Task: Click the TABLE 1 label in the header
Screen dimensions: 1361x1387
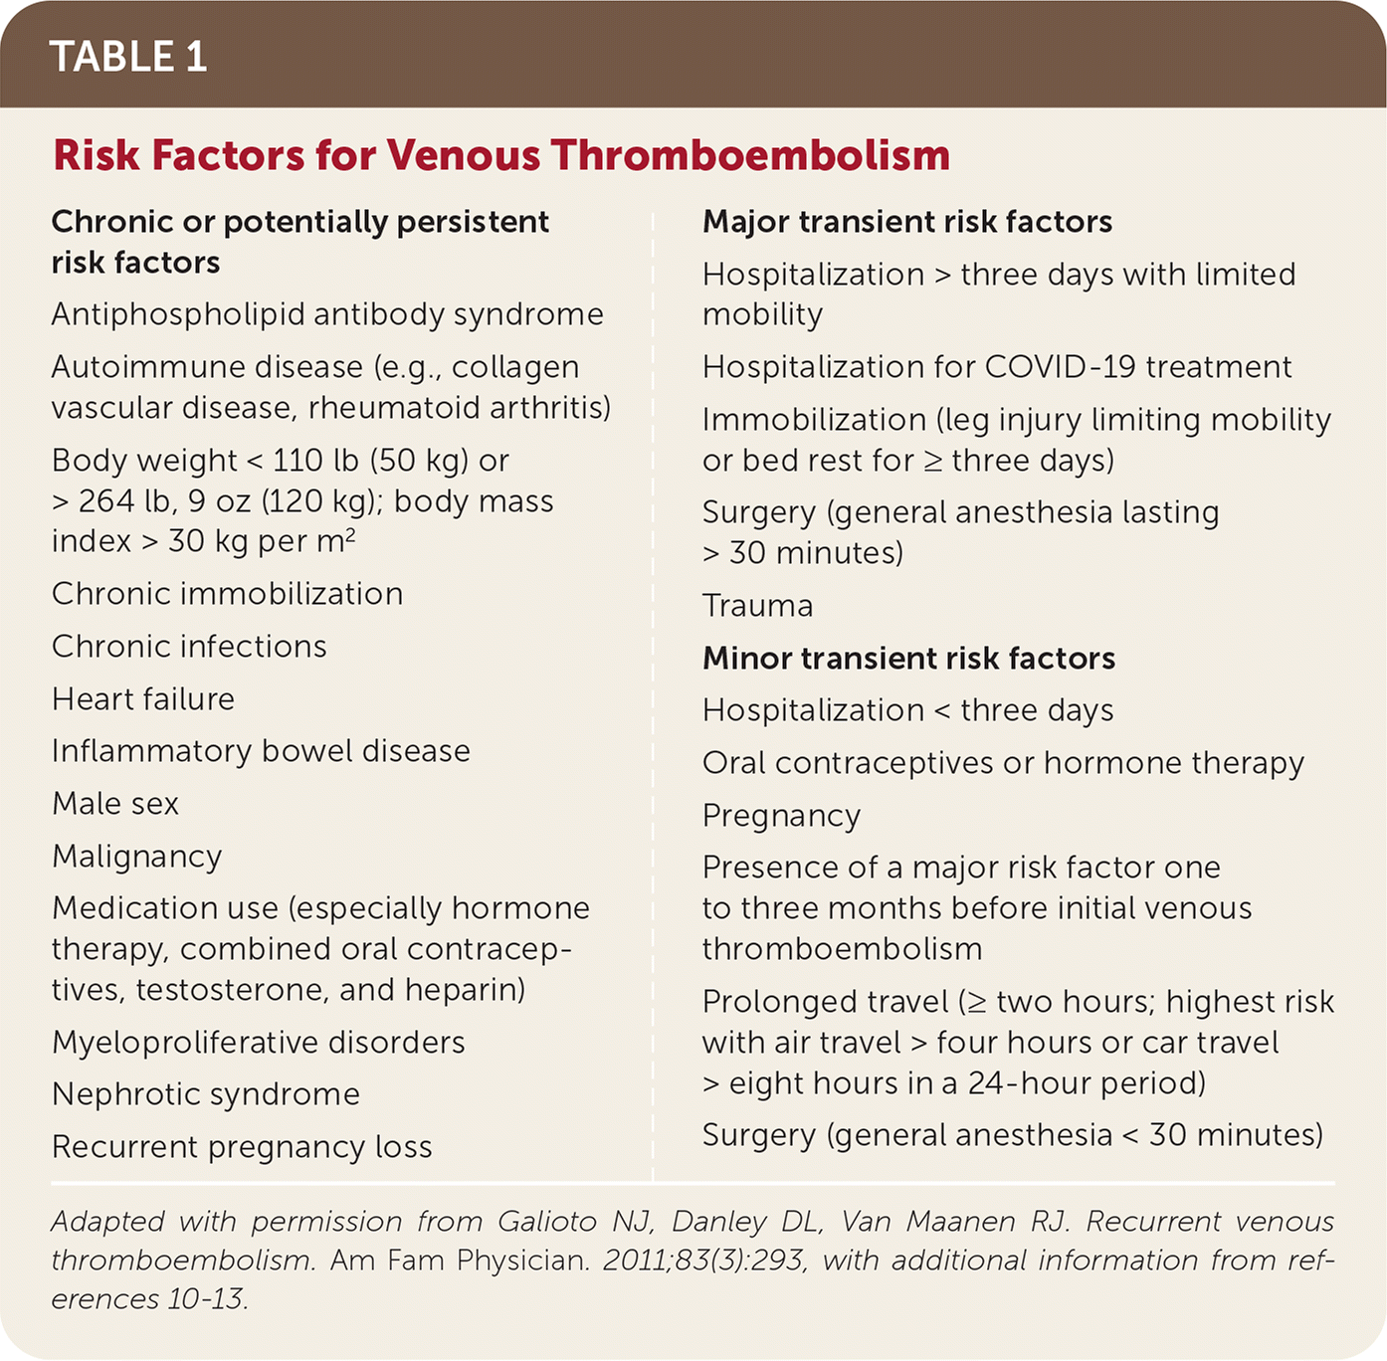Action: click(128, 57)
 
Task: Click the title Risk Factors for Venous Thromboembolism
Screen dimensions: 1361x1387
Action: click(501, 155)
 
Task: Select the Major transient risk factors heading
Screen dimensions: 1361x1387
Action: click(907, 222)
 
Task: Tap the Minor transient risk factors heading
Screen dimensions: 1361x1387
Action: click(908, 659)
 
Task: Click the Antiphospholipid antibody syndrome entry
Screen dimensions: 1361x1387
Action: click(327, 315)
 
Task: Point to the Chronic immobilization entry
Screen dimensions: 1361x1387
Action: click(227, 594)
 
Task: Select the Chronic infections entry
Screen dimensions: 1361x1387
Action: click(189, 647)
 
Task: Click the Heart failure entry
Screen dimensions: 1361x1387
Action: click(143, 699)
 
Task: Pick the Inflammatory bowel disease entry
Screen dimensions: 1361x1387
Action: click(261, 751)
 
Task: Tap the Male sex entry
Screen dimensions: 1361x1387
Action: click(115, 804)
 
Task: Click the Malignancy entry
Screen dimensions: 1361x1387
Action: click(137, 857)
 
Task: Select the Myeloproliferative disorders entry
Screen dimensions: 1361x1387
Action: click(259, 1043)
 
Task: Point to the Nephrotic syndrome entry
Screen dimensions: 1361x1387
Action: click(206, 1094)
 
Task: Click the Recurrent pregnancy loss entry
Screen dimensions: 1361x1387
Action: click(242, 1147)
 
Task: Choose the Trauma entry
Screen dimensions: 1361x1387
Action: click(757, 606)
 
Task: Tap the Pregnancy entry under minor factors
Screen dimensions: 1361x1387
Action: click(781, 816)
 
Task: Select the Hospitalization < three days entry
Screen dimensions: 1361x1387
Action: click(907, 710)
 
